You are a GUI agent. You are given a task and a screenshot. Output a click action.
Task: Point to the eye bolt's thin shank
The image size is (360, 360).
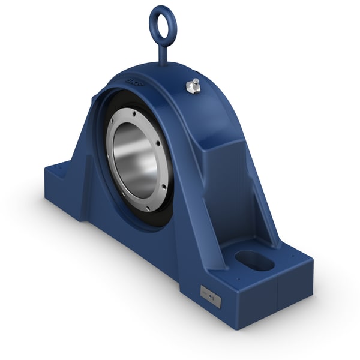tap(162, 51)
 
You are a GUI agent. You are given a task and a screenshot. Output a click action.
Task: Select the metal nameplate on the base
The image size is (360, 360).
tap(211, 295)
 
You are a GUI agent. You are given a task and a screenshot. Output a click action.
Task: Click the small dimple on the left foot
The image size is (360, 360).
tap(62, 172)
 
